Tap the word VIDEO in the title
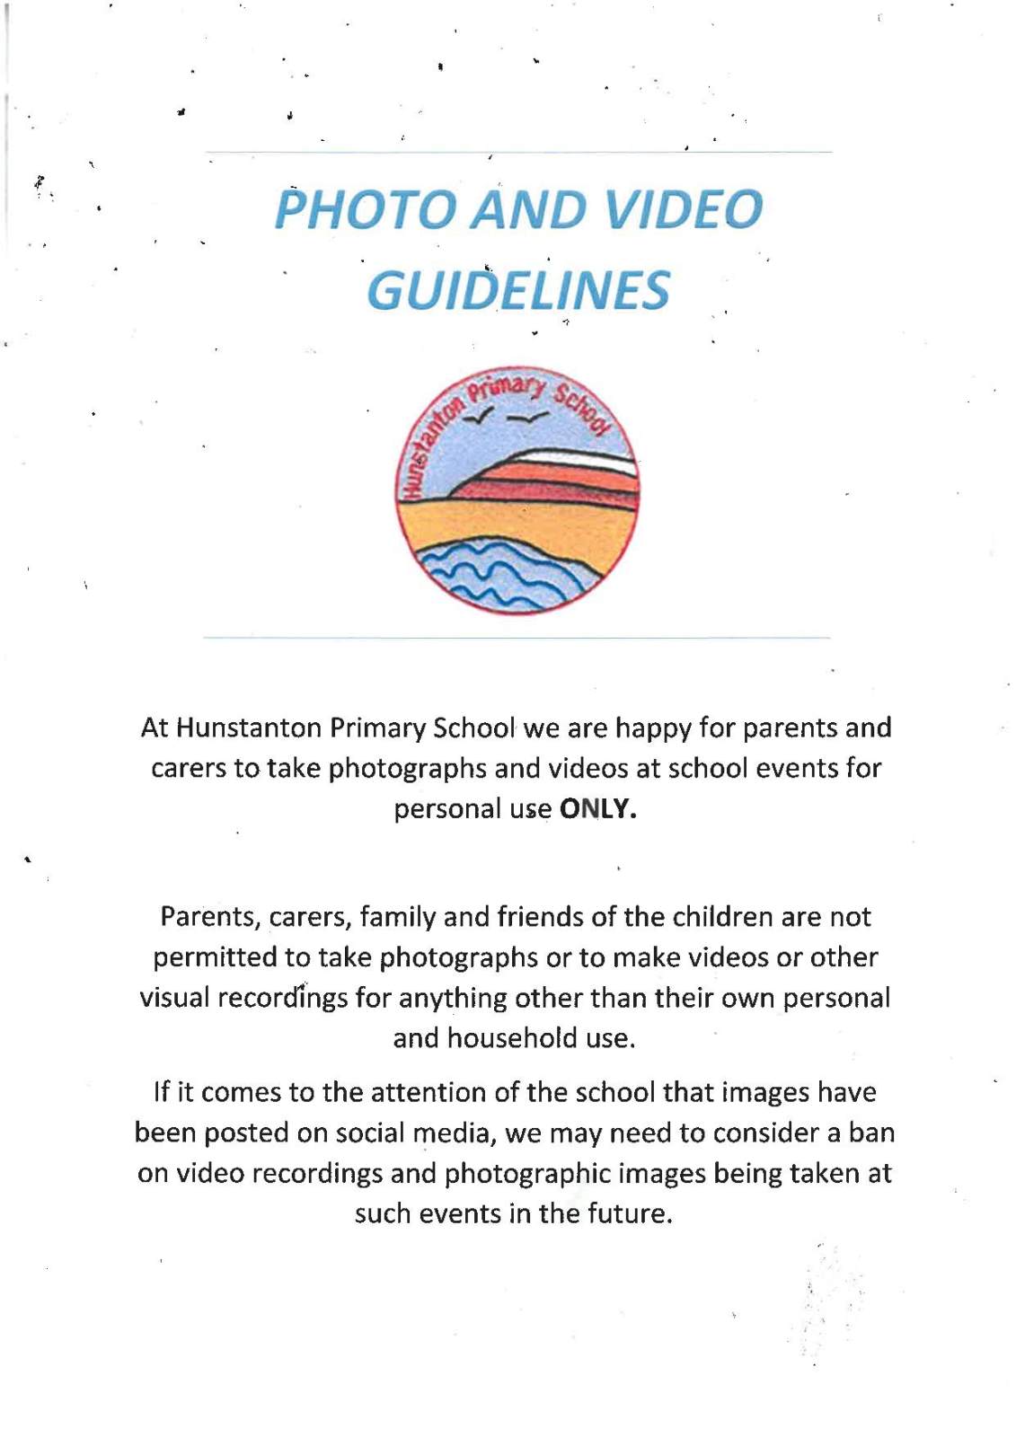684,209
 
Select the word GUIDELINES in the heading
518,291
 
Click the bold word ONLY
596,809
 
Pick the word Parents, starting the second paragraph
210,917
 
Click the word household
512,1038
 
